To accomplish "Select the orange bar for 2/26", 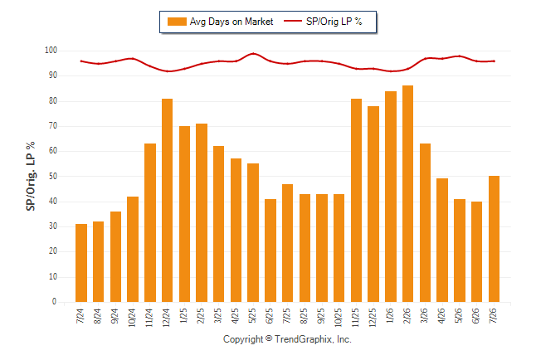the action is (408, 193).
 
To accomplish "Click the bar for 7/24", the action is (81, 263).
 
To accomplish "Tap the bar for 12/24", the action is (167, 201).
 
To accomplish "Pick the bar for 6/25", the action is (270, 251).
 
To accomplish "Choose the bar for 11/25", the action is (356, 201).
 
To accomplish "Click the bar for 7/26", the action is (494, 239).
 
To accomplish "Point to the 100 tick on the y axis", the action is (51, 51).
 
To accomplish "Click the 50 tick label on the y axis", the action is (52, 176).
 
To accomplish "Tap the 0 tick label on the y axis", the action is (55, 302).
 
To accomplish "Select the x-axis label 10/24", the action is (132, 317).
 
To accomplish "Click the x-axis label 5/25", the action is (252, 315).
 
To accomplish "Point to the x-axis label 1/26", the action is (390, 315).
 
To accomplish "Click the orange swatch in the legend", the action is (177, 22).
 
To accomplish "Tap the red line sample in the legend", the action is (293, 21).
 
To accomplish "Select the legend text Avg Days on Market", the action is (231, 22).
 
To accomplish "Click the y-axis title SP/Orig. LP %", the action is (31, 176).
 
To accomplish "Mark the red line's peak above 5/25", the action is (253, 53).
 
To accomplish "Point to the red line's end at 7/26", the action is (495, 61).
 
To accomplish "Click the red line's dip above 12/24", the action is (168, 71).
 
